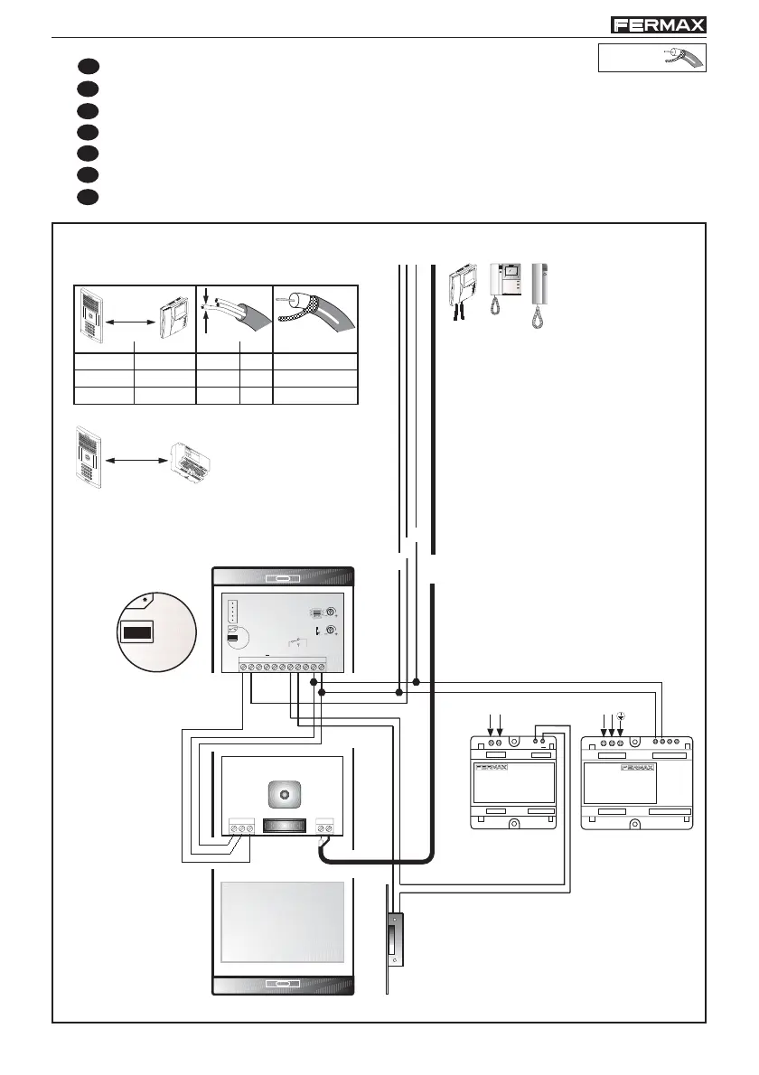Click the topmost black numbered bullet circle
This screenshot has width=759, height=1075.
(x=86, y=66)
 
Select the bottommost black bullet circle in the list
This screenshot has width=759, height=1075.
(x=86, y=196)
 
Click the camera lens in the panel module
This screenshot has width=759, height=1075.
(x=285, y=794)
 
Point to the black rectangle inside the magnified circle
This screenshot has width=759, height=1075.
(x=139, y=632)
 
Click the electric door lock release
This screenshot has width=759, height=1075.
(x=395, y=940)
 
